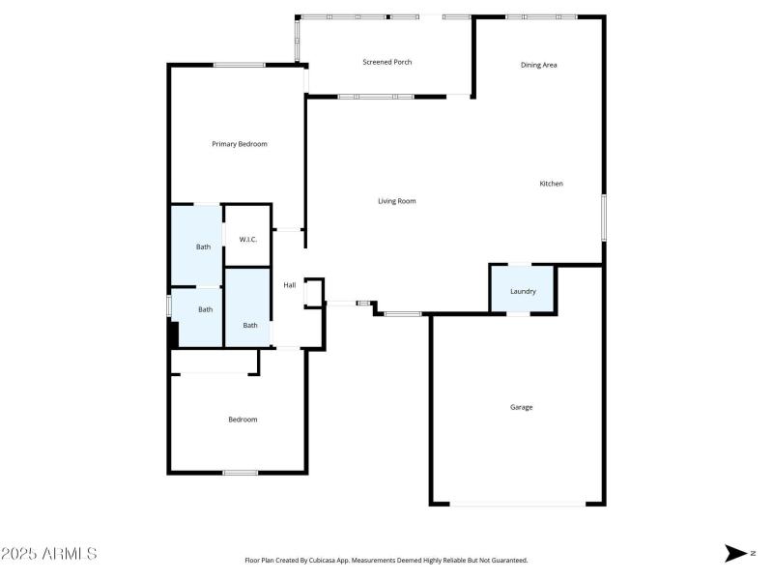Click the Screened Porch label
pos(387,62)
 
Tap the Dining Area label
pos(538,65)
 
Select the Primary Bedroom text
pos(240,144)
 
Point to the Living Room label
pos(396,201)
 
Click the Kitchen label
pos(551,184)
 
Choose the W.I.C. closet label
pos(247,239)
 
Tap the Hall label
pos(290,285)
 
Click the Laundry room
pos(523,291)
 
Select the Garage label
pos(522,407)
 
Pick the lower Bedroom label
pos(243,420)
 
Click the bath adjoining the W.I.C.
pos(203,246)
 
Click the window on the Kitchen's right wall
pos(603,217)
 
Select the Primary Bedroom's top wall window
pos(240,65)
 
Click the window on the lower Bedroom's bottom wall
pos(241,472)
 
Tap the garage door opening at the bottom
pos(518,504)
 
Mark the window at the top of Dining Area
pos(541,16)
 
